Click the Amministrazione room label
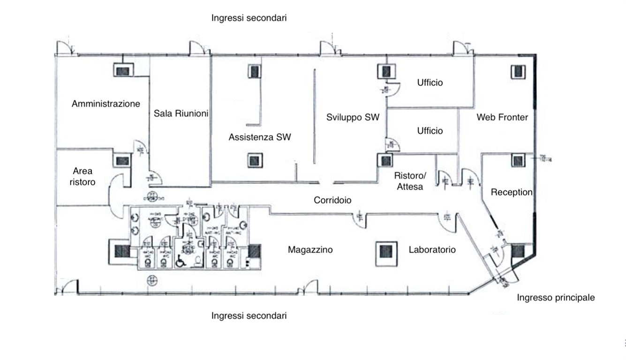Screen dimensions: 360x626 [x=106, y=104]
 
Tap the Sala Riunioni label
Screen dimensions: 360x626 [x=181, y=113]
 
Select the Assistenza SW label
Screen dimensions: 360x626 [x=259, y=137]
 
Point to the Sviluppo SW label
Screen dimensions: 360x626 [x=353, y=117]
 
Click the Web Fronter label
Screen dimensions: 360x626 [x=502, y=117]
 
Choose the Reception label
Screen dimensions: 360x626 [x=512, y=192]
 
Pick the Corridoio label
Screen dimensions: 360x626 [x=332, y=200]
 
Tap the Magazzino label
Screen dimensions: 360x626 [x=310, y=250]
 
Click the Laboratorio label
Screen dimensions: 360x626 [x=432, y=250]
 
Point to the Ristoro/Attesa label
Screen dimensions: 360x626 [x=410, y=181]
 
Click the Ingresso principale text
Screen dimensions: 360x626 [x=556, y=298]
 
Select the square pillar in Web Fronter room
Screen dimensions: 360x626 [x=518, y=71]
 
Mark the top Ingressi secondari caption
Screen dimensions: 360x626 [x=249, y=18]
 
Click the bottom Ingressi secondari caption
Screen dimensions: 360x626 [x=249, y=315]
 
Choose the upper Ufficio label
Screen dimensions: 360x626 [x=430, y=83]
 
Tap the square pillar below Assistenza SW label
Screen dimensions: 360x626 [x=254, y=160]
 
